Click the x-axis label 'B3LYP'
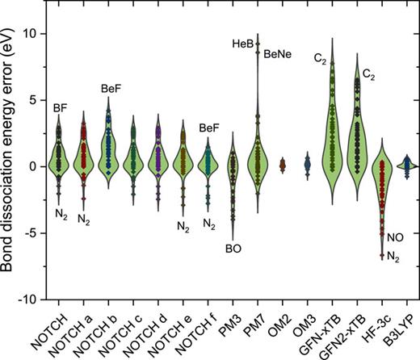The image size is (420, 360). click(388, 327)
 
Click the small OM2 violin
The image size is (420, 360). click(283, 165)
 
